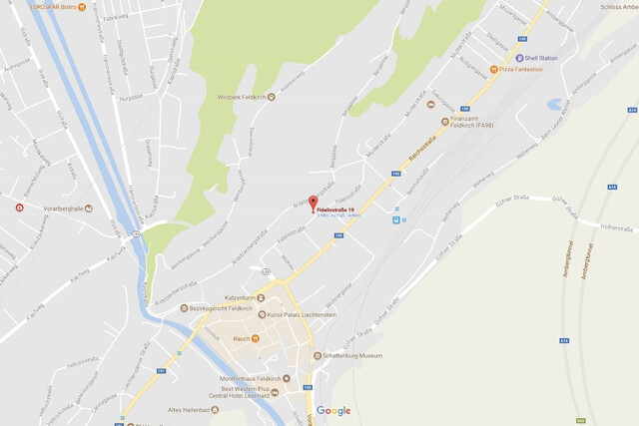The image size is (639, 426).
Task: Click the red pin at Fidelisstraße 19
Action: point(313,204)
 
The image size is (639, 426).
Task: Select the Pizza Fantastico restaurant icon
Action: point(493,70)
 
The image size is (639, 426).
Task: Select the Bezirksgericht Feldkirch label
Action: point(221,308)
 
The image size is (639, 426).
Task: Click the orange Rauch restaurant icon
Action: point(256,339)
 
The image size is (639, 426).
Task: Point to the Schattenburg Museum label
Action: point(351,355)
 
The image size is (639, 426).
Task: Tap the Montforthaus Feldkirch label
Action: point(245,378)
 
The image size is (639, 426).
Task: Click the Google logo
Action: point(333,411)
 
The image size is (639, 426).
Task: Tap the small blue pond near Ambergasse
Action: point(554,104)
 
